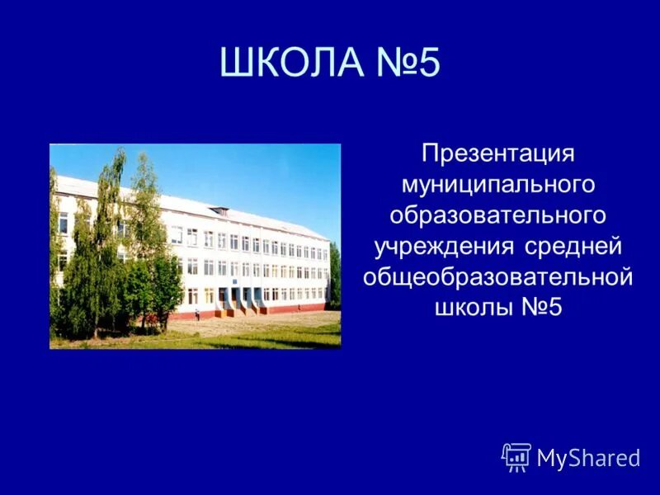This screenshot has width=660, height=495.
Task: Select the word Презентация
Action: (x=497, y=154)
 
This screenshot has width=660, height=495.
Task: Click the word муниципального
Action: (x=497, y=185)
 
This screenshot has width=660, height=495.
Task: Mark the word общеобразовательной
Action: (x=497, y=276)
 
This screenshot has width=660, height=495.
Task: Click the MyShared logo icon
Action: (x=516, y=457)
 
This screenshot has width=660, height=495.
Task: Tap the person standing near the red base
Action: (x=197, y=313)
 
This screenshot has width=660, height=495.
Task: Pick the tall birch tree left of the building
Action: (x=107, y=239)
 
